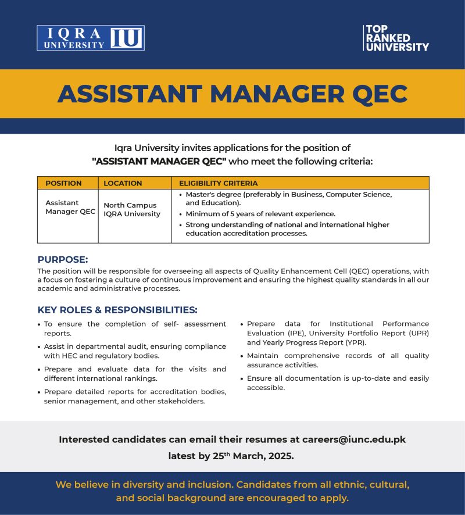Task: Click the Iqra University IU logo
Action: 91,38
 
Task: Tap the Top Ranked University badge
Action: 396,38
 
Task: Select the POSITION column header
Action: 63,183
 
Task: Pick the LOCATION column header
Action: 123,183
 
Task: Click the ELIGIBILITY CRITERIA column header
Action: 218,183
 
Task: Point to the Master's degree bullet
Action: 288,198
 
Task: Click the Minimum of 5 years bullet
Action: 260,214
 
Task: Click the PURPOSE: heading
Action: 63,259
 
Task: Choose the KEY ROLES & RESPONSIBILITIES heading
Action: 117,310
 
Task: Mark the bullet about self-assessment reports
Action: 135,328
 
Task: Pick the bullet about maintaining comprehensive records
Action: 338,360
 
